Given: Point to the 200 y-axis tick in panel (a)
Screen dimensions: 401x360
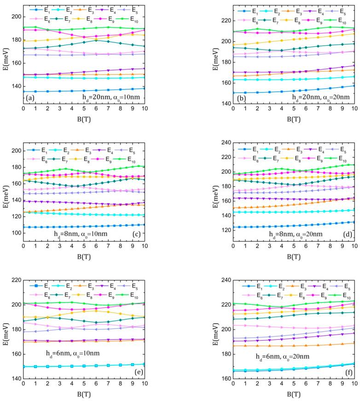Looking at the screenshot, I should [x=16, y=16].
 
